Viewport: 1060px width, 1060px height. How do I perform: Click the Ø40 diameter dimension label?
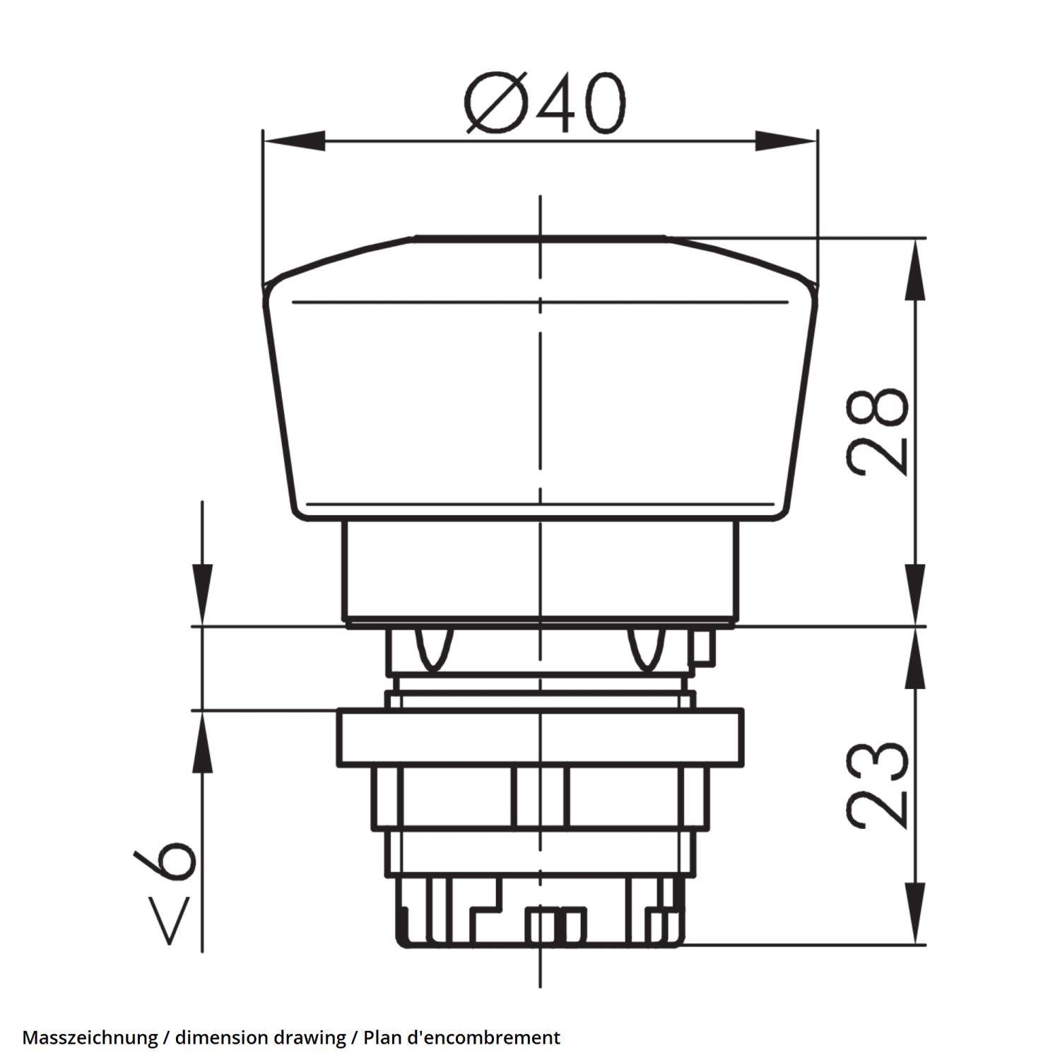point(545,105)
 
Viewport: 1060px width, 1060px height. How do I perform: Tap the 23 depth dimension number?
point(877,784)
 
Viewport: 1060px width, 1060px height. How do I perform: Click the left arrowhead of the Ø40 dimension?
point(293,141)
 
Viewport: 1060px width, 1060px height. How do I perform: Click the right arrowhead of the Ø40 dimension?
point(786,141)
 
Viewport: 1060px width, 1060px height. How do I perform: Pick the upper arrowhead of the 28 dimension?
point(916,265)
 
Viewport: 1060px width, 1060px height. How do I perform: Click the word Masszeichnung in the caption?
point(90,1037)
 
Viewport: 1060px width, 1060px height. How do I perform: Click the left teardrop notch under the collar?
point(432,647)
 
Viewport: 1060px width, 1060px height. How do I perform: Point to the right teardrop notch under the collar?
point(645,647)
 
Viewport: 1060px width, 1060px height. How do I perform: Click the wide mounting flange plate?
point(540,737)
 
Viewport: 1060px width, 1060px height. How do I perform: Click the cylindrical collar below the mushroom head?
point(540,569)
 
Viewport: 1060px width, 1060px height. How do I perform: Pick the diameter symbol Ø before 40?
point(495,105)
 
